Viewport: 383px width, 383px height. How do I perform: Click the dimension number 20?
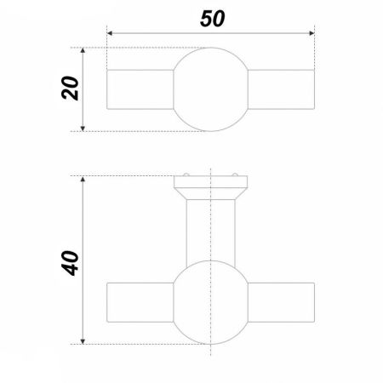tap(72, 89)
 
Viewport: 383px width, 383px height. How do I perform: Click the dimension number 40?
tap(71, 260)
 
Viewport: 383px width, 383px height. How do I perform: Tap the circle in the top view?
tap(210, 89)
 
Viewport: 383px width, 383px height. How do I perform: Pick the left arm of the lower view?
tap(140, 302)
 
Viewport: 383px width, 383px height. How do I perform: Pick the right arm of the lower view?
tap(279, 302)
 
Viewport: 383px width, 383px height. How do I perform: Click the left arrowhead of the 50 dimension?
tap(111, 35)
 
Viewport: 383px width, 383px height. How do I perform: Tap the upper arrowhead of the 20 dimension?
tap(83, 51)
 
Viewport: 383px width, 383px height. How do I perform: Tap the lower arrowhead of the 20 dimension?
tap(83, 127)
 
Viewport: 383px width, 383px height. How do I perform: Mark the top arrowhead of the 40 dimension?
tap(83, 180)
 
